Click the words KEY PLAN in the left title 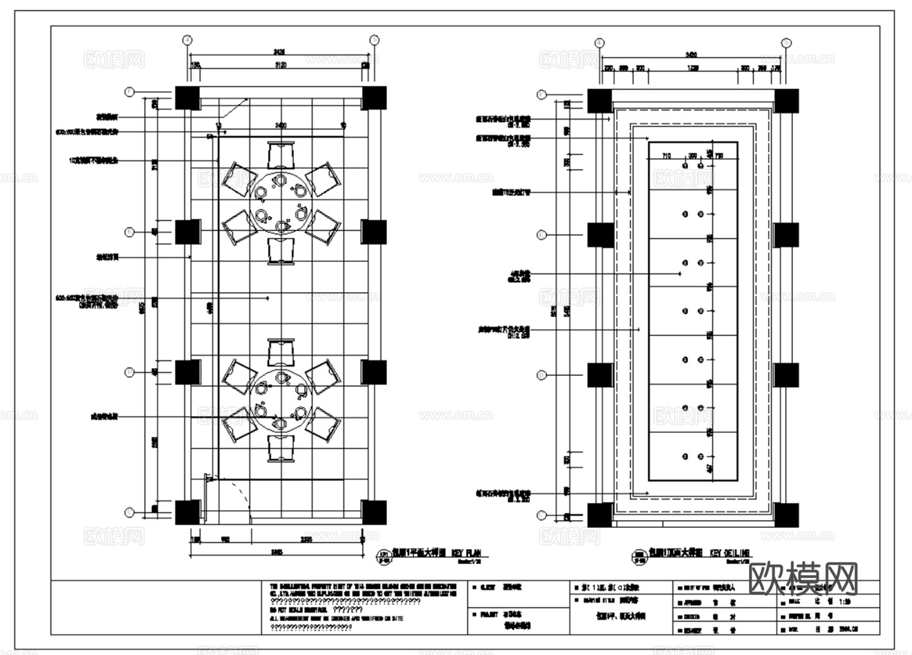click(x=465, y=553)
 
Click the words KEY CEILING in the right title click(x=731, y=553)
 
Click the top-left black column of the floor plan click(x=187, y=98)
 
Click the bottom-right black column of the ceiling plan click(x=786, y=515)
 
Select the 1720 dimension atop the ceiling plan click(x=693, y=68)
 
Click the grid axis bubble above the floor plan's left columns click(x=188, y=40)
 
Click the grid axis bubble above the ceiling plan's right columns click(x=786, y=43)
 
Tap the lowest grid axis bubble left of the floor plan click(x=130, y=513)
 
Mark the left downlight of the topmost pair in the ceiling click(x=685, y=166)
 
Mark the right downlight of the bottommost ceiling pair click(x=701, y=456)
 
